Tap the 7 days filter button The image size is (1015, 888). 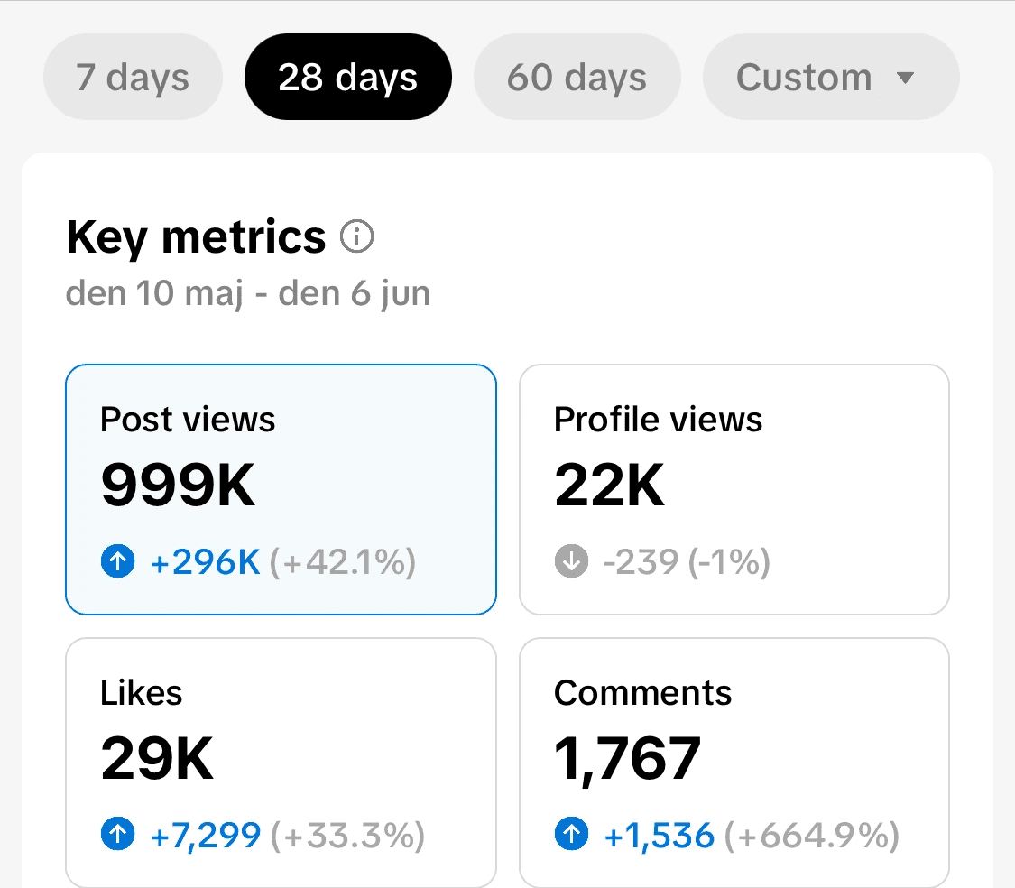coord(133,77)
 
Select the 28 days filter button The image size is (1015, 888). coord(348,77)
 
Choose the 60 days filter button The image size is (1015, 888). coord(577,77)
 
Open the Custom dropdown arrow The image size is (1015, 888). coord(905,78)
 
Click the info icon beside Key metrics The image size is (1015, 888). coord(357,236)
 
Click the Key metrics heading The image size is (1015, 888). coord(196,237)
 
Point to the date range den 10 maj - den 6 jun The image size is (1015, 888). coord(248,293)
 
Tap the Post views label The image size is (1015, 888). coord(188,419)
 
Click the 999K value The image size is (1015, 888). coord(178,486)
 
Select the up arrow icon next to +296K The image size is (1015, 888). coord(118,561)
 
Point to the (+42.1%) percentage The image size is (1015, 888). coord(343,561)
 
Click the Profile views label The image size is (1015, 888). coord(659,419)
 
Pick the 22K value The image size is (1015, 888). coord(610,486)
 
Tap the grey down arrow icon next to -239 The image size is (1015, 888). coord(572,561)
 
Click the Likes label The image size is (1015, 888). coord(141,692)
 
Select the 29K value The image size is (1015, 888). coord(157,758)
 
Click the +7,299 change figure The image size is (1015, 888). coord(205,835)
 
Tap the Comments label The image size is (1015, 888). coord(642,692)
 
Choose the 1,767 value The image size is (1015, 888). coord(628,760)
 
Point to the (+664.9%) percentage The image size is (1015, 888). coord(812,835)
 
